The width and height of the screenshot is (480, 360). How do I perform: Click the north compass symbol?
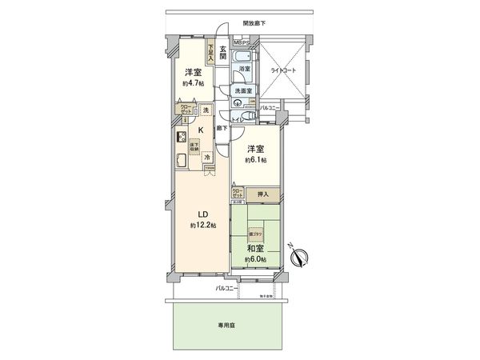(x=300, y=257)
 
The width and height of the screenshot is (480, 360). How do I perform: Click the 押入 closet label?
(x=263, y=194)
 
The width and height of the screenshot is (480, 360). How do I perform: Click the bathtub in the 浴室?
(x=245, y=62)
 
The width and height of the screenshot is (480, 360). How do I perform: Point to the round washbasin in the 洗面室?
(x=238, y=104)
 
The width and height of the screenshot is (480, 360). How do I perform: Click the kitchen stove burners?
(x=180, y=134)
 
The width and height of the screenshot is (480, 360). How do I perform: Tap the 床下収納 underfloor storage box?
(x=194, y=146)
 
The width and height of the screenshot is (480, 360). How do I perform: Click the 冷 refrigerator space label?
(x=206, y=158)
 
